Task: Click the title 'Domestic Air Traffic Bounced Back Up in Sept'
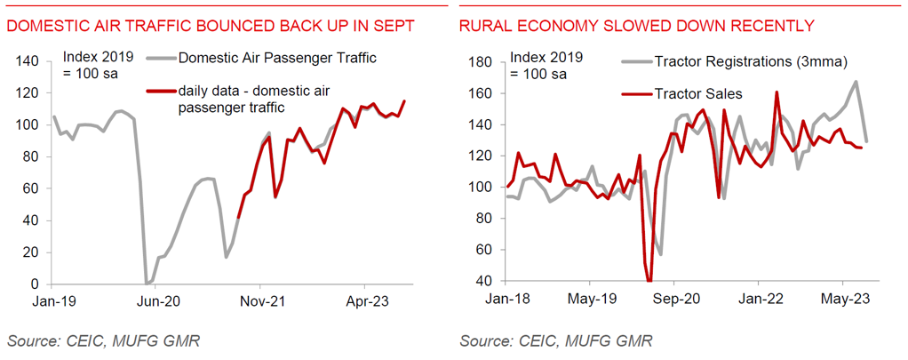pyautogui.click(x=211, y=26)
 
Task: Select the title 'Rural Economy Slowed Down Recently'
pyautogui.click(x=636, y=26)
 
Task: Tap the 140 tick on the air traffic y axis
pyautogui.click(x=29, y=61)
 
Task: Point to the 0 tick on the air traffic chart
pyautogui.click(x=36, y=284)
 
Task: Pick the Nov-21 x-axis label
pyautogui.click(x=261, y=301)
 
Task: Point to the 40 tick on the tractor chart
pyautogui.click(x=485, y=281)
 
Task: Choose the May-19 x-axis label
pyautogui.click(x=592, y=301)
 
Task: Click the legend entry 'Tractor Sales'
pyautogui.click(x=697, y=93)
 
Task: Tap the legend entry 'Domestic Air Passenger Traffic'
pyautogui.click(x=277, y=60)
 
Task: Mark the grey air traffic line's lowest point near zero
pyautogui.click(x=147, y=284)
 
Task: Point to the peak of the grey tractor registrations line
pyautogui.click(x=856, y=82)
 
